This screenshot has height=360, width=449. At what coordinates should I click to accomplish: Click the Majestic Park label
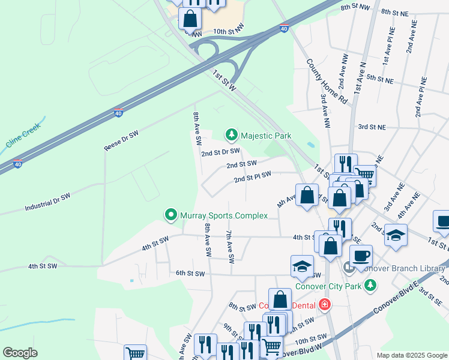point(266,136)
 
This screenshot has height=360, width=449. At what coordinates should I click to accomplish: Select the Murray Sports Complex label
point(217,214)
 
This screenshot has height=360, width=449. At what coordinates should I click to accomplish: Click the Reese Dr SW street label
point(121,140)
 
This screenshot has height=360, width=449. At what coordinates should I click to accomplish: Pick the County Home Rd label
point(327,82)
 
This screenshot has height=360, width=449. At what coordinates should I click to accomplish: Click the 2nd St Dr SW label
point(220,152)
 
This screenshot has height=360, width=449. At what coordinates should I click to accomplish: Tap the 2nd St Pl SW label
point(252,176)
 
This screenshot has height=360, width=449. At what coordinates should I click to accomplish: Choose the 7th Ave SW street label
point(229,247)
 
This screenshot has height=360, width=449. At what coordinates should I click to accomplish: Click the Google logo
point(20,352)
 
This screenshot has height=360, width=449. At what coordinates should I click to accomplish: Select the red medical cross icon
point(325,304)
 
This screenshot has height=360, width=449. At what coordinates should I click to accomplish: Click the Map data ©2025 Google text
point(412,355)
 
